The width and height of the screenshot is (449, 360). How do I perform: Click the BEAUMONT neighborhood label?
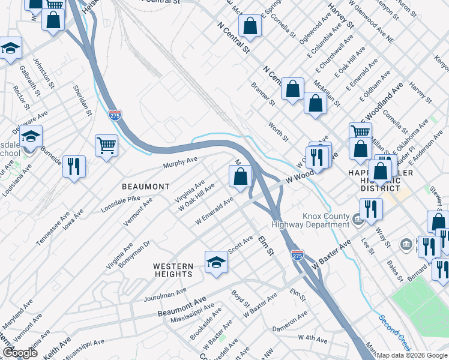tap(145, 187)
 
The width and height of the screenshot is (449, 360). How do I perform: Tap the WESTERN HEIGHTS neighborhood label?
tap(173, 270)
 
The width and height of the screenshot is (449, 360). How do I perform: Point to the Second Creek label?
tap(394, 332)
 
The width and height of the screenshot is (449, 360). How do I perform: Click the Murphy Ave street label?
tap(181, 163)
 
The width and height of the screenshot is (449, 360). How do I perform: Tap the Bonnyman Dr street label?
tap(134, 254)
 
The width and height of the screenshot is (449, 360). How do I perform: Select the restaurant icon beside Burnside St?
tap(74, 166)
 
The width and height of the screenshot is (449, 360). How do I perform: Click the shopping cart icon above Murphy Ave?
tap(106, 145)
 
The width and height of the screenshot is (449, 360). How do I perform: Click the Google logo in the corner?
tap(20, 353)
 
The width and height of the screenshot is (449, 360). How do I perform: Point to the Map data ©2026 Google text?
tap(412, 355)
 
